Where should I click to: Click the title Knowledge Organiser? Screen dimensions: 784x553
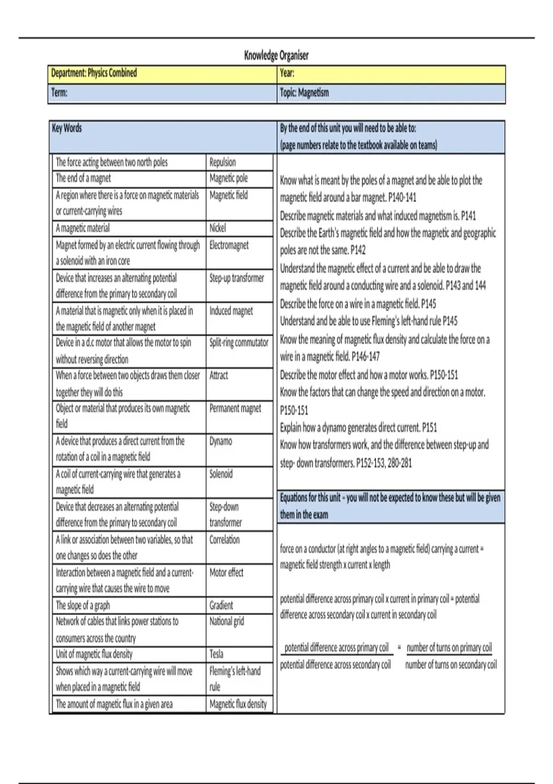tap(276, 56)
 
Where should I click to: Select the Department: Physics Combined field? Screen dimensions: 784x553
tap(94, 73)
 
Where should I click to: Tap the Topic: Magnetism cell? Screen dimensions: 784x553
tap(304, 93)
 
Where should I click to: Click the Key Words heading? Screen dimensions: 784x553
tap(67, 128)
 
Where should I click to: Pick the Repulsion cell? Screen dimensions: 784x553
tap(223, 162)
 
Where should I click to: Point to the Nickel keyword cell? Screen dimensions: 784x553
tap(218, 228)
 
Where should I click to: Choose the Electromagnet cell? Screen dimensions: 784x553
tap(229, 245)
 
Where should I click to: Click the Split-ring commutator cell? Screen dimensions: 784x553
tap(239, 343)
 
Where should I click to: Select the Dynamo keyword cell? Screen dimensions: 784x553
tap(221, 441)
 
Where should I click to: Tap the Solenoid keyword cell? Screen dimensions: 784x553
tap(221, 474)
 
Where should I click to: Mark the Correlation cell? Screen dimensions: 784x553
tap(224, 540)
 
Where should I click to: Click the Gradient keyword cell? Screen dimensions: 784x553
tap(221, 605)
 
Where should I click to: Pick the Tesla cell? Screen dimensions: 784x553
tap(216, 654)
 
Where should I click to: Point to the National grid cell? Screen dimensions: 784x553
tap(227, 622)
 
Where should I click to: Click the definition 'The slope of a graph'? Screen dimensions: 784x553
tap(83, 605)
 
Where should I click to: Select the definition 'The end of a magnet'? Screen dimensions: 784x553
tap(83, 178)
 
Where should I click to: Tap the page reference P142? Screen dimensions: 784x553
tap(358, 250)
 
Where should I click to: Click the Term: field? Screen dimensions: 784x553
tap(59, 93)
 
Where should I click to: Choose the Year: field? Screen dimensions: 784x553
tap(287, 73)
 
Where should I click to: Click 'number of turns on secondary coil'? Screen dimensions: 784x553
tap(451, 665)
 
